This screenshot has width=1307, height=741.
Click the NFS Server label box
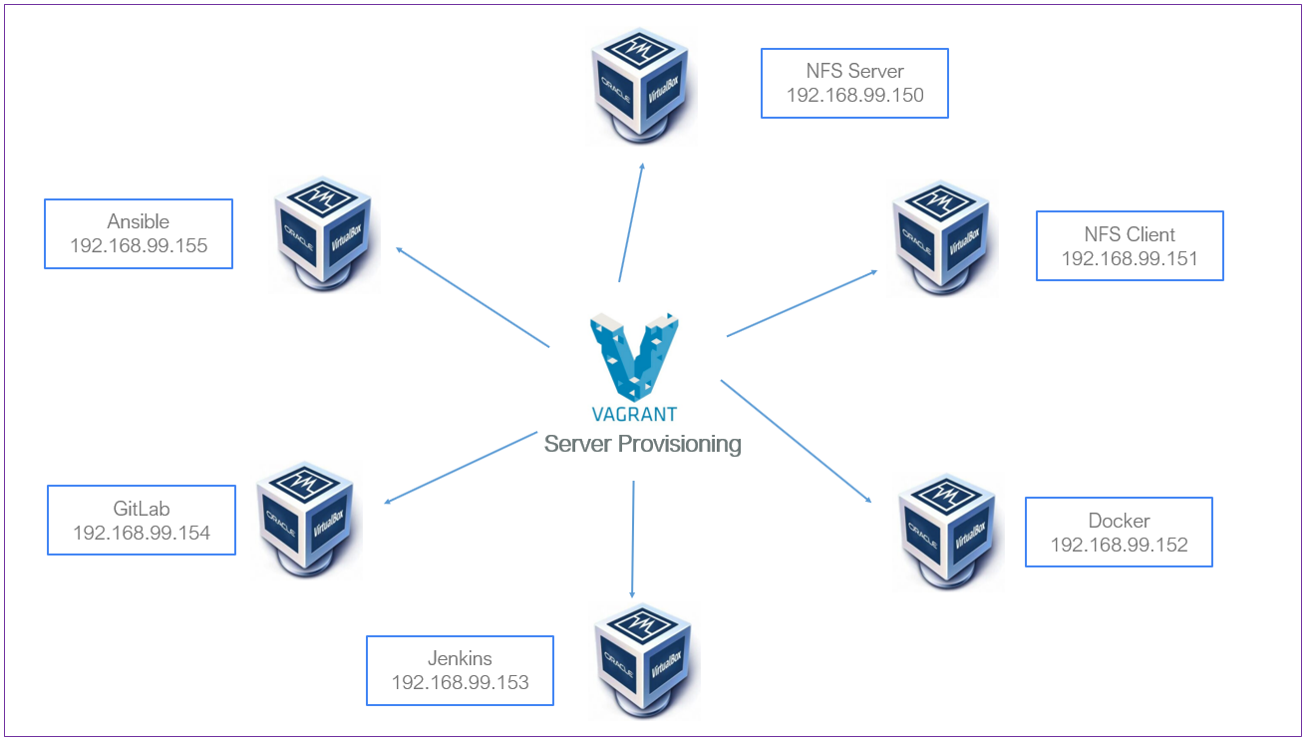[x=854, y=83]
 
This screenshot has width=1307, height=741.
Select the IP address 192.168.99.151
[x=1129, y=258]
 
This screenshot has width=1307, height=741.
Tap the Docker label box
[x=1119, y=532]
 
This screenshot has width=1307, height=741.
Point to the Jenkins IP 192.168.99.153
[x=460, y=682]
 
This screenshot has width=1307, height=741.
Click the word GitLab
[x=142, y=508]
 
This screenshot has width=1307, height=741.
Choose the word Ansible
[x=139, y=221]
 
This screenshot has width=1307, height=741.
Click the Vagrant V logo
[x=634, y=356]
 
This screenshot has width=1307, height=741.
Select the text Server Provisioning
[x=642, y=444]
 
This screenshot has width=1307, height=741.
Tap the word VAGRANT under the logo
[x=634, y=414]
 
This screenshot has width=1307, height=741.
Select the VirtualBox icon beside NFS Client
[x=941, y=237]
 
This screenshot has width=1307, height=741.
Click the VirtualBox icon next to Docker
[x=946, y=531]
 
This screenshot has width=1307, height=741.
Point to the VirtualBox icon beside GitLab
[x=305, y=518]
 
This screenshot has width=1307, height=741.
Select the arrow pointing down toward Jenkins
[x=632, y=539]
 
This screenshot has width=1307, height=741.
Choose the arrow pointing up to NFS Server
[x=631, y=221]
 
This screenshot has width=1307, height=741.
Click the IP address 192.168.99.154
[x=142, y=533]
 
